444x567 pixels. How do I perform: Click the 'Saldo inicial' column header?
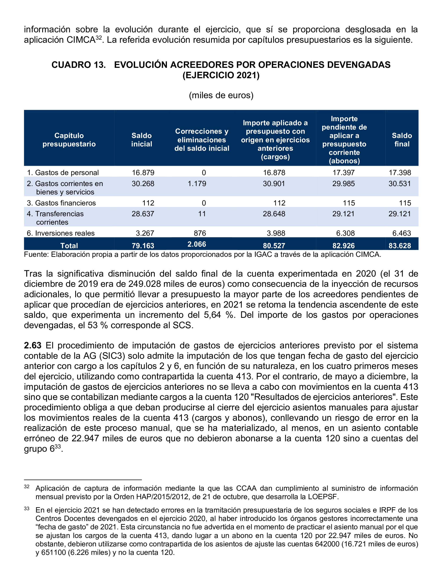pyautogui.click(x=141, y=140)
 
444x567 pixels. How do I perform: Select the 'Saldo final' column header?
pyautogui.click(x=402, y=140)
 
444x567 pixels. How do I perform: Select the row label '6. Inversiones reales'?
pyautogui.click(x=61, y=233)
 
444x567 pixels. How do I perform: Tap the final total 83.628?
pyautogui.click(x=400, y=246)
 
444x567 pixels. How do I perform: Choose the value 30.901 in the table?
pyautogui.click(x=274, y=184)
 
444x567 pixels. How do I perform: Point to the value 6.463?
pyautogui.click(x=401, y=233)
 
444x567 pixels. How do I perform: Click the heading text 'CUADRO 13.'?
pyautogui.click(x=79, y=65)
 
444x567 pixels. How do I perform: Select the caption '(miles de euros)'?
pyautogui.click(x=221, y=95)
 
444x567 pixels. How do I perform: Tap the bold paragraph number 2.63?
pyautogui.click(x=33, y=345)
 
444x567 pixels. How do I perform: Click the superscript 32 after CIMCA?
pyautogui.click(x=99, y=38)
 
